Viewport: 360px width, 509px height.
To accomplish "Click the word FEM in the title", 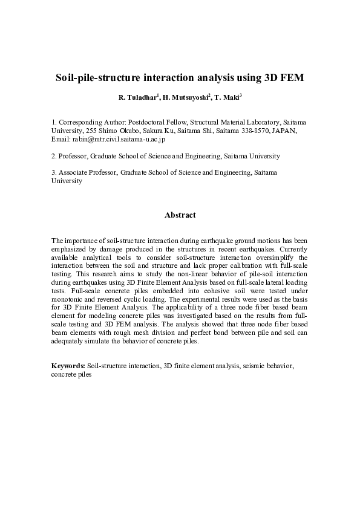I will pos(291,78).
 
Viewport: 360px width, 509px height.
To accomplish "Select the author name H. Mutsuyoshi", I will pos(186,97).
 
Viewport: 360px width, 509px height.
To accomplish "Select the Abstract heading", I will pos(180,215).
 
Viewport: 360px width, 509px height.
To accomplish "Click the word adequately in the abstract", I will pos(72,341).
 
